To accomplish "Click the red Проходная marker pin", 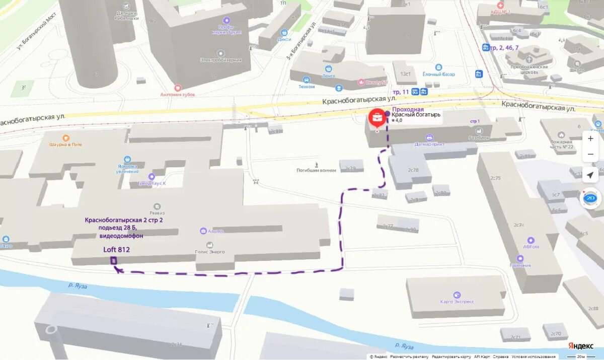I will [x=376, y=118].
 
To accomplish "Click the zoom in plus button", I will [x=590, y=138].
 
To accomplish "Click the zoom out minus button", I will [x=590, y=154].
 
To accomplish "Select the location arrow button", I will [x=590, y=175].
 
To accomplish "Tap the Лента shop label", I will [x=328, y=76].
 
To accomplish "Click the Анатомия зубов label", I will [x=177, y=94].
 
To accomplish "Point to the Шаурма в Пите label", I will [x=65, y=145].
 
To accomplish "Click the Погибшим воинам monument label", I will [x=316, y=170].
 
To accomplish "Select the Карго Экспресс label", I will [x=457, y=302].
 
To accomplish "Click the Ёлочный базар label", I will [x=438, y=74].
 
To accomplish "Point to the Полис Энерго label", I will [x=209, y=252].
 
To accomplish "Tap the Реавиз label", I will [x=157, y=213].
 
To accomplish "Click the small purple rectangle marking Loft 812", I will [x=114, y=260].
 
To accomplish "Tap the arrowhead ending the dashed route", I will [x=117, y=270].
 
